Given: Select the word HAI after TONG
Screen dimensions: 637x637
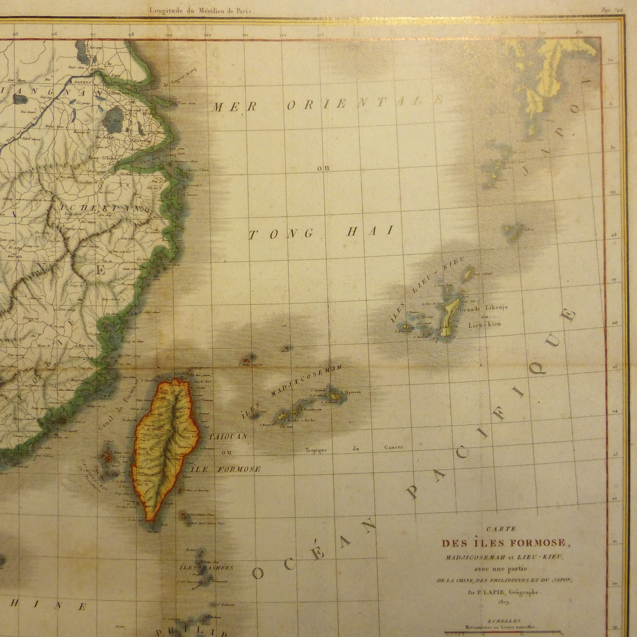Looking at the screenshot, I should point(377,230).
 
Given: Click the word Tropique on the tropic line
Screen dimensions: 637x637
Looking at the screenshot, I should point(318,451).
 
